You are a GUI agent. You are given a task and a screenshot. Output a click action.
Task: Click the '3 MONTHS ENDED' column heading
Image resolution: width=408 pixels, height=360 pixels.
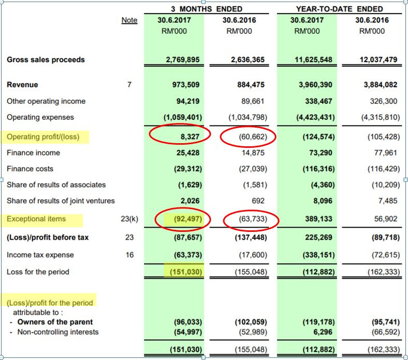coord(207,9)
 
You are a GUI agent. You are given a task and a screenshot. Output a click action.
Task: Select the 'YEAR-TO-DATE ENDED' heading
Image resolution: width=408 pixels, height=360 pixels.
coord(339,9)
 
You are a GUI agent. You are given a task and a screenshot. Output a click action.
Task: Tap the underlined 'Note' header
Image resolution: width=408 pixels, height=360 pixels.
coord(130,20)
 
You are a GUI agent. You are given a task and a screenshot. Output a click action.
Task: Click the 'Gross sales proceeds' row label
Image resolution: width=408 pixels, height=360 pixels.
coord(46,60)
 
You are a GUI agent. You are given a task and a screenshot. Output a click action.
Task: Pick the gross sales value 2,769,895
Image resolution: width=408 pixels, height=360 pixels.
coord(183,60)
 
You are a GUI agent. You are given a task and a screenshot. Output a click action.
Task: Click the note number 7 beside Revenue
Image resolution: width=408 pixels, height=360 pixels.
coord(130,85)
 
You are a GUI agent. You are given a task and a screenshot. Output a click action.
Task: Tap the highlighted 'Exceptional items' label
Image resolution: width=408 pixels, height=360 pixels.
coord(36,219)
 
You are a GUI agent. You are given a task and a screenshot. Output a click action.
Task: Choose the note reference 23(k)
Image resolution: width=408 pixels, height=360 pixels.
coord(130,219)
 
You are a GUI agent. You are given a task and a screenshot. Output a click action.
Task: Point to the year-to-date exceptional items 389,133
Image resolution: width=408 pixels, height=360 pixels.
coord(318,219)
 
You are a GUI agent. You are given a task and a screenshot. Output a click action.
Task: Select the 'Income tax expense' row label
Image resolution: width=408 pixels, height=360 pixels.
coord(40,255)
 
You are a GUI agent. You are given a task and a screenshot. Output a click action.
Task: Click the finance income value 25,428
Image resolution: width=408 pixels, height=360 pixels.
coord(188,153)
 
